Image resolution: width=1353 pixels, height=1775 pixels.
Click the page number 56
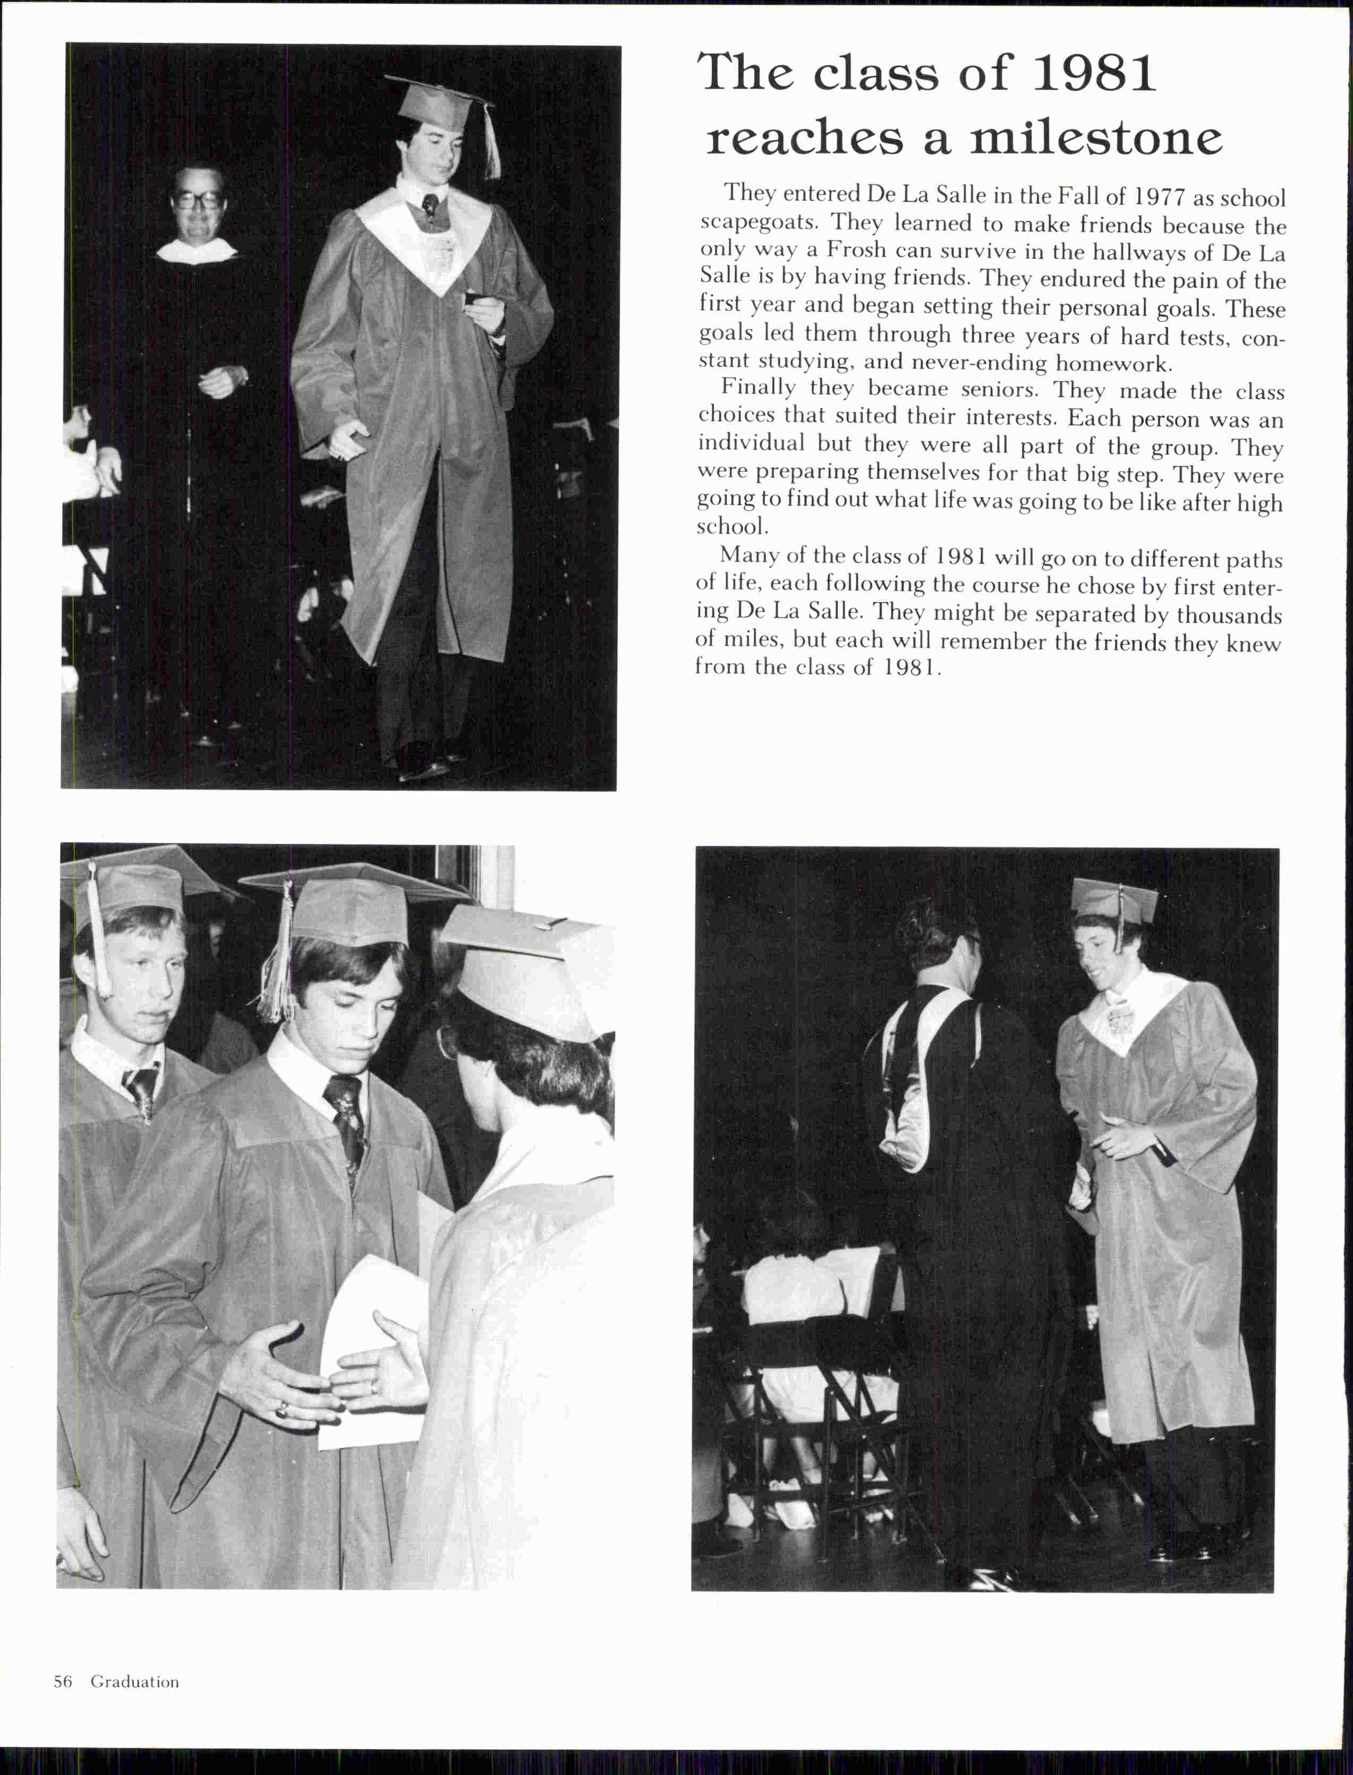pos(63,1682)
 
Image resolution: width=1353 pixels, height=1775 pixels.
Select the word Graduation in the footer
pos(134,1682)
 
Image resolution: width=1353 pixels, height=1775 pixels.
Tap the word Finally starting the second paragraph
pos(758,388)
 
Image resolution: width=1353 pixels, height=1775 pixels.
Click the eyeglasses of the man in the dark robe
pos(198,199)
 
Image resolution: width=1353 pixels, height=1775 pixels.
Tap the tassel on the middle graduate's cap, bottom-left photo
pos(278,958)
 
